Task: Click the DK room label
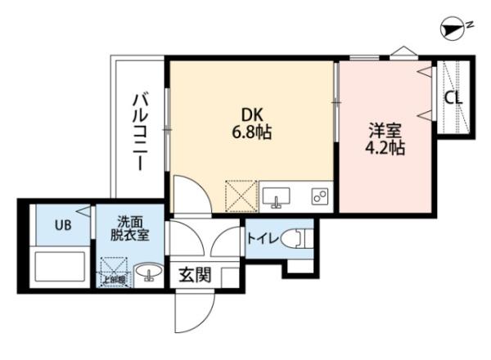point(251,114)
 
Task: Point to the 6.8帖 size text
point(251,131)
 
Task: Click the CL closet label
point(453,97)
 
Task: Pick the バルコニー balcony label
point(141,131)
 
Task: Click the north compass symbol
point(451,29)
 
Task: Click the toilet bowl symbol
point(304,240)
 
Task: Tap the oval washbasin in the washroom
point(149,272)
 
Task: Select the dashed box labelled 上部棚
point(113,272)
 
